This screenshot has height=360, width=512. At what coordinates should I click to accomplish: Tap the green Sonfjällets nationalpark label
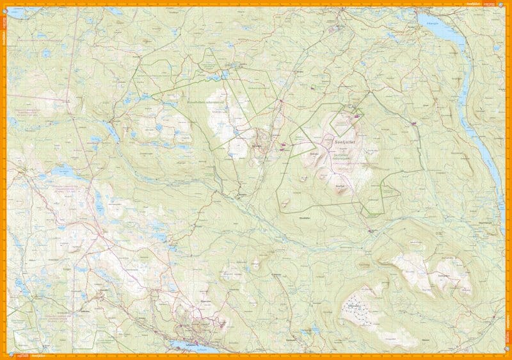point(346,155)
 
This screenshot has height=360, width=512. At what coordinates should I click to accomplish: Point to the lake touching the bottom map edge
point(191,347)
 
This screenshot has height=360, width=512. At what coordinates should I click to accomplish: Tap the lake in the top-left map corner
point(18,12)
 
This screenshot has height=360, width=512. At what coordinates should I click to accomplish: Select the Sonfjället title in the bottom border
point(37,356)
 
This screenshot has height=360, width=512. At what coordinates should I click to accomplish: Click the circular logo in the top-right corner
point(506,4)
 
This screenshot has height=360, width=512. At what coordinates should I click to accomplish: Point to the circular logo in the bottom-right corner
point(506,356)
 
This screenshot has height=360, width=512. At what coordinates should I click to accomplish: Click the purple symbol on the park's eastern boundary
point(415,123)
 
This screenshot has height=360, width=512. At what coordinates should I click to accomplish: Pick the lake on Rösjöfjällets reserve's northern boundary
point(225,76)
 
